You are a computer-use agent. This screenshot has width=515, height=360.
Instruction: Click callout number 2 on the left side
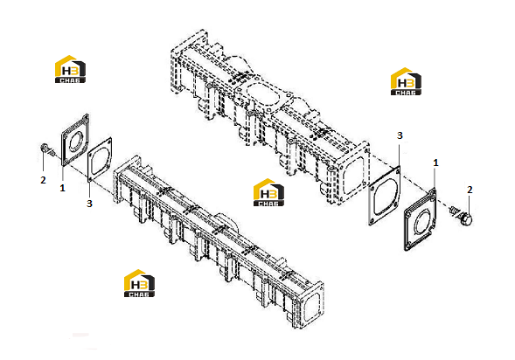pos(43,180)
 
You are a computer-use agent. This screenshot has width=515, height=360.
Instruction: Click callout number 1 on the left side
pos(62,188)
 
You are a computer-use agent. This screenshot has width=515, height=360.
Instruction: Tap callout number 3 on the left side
pos(89,204)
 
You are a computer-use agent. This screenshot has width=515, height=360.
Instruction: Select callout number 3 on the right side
pos(400,135)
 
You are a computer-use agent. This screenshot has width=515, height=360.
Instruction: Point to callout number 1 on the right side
pos(435,163)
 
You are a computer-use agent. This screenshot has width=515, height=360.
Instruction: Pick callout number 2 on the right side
pos(470,190)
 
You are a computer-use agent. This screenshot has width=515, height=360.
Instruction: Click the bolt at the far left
pos(46,149)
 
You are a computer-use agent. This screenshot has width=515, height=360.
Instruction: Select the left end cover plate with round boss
pos(75,140)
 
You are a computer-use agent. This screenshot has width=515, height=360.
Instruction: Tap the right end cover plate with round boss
pos(421,219)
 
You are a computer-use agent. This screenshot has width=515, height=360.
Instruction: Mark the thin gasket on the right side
pos(385,196)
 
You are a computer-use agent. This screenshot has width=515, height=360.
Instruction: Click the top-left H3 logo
pos(70,69)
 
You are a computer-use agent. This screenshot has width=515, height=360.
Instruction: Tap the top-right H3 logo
pos(406,82)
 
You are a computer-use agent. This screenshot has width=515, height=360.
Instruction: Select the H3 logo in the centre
pos(268,192)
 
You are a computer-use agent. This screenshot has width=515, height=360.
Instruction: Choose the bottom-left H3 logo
pos(139,283)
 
